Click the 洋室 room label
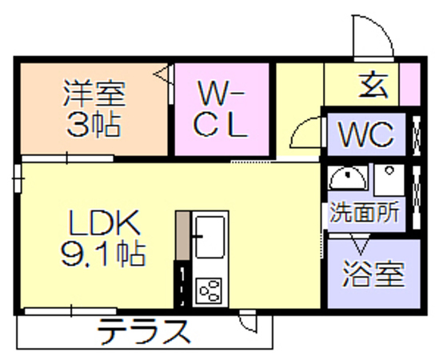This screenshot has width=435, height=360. pos(94,94)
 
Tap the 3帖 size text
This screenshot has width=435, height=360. pos(94,125)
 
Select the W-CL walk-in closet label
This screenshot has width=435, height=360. pos(221,109)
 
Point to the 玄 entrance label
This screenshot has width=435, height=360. pos(373,86)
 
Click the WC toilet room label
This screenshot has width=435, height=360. pos(366,135)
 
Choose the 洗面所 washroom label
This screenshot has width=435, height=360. pos(365,211)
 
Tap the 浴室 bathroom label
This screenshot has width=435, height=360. pos(373,273)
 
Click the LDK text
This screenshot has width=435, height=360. pos(104,223)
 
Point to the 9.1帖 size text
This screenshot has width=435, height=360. pos(103,254)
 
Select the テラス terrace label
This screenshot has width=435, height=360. pos(144,332)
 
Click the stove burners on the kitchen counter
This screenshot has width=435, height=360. pos(209,290)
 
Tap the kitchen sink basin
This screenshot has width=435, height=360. pos(210,238)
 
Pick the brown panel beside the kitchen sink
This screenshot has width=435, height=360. pos(183,236)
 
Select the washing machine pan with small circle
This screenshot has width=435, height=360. pos(389,180)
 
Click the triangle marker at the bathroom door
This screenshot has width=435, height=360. pos(361,245)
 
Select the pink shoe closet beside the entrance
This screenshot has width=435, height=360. pos(409,85)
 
